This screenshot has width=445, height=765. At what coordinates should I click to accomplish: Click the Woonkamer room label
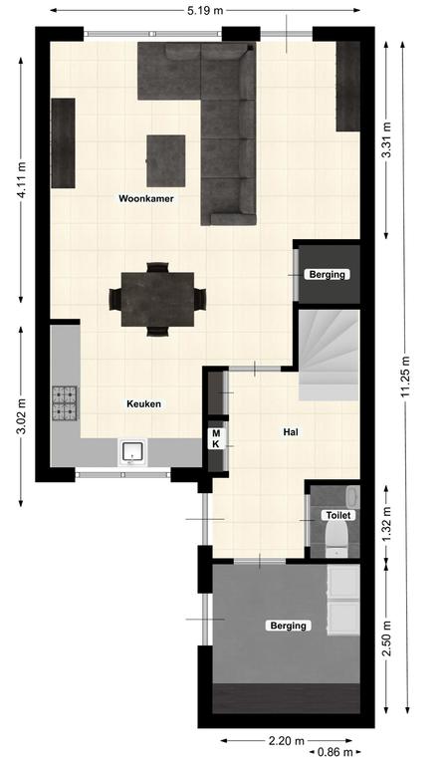(145, 198)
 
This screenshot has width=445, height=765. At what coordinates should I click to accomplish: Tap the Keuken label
(143, 404)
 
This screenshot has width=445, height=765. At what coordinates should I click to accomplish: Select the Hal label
(291, 431)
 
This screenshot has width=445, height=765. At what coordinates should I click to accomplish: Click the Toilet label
(338, 515)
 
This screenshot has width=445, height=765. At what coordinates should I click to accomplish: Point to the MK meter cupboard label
(216, 438)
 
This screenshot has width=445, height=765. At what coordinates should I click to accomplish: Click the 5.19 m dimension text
(205, 10)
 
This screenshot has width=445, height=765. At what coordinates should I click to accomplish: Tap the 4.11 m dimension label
(22, 179)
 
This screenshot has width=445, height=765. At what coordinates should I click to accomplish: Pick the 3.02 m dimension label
(22, 416)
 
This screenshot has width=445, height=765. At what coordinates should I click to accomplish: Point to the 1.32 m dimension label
(387, 523)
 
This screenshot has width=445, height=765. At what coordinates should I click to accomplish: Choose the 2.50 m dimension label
(387, 638)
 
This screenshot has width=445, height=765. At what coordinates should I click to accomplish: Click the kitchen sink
(132, 452)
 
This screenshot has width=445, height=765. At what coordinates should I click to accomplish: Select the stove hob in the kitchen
(66, 403)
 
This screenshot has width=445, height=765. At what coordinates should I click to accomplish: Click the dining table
(157, 299)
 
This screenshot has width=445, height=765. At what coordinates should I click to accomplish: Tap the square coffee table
(165, 160)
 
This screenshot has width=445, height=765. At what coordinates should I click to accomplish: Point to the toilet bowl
(336, 539)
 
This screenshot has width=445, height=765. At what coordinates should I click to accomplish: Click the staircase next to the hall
(329, 356)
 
